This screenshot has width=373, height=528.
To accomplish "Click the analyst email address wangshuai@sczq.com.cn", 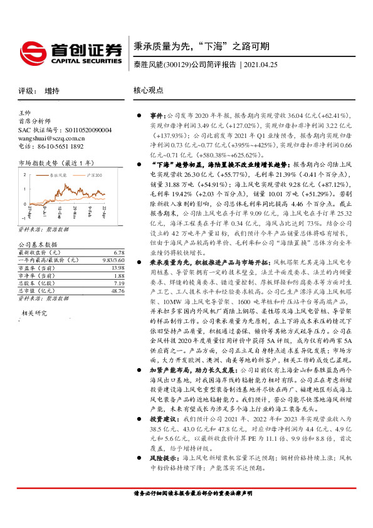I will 51,138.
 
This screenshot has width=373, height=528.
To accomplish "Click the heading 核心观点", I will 149,90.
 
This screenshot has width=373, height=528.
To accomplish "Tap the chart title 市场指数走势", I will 36,161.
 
